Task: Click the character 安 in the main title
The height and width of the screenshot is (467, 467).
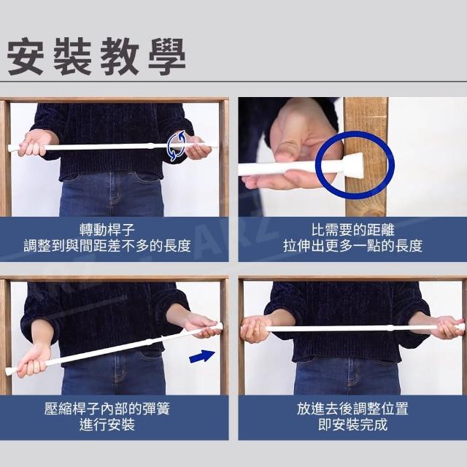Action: pos(26,56)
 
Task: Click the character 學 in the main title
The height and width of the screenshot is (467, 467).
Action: pos(167,56)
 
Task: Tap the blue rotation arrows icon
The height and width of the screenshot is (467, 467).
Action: pos(176,146)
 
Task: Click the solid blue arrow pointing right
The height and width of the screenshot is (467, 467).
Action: pos(202,356)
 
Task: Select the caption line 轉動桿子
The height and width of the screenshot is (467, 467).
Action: pos(107,230)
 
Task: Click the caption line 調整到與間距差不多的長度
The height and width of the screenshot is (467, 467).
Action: pos(107,246)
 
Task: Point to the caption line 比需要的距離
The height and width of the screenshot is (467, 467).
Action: pos(353,230)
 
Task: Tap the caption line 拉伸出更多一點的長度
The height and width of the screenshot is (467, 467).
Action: pos(353,246)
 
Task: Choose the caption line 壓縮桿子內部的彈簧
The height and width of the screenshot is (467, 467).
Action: pos(107,409)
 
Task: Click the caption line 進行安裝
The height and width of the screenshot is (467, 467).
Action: pos(107,425)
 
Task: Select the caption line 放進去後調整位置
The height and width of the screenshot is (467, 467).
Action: pos(353,409)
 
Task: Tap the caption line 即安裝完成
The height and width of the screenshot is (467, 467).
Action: pos(353,425)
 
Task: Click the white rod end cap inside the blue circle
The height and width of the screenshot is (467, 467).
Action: pos(355,166)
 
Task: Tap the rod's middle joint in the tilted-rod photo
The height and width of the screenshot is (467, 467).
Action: pos(150,342)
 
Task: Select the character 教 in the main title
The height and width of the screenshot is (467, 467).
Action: pos(120,56)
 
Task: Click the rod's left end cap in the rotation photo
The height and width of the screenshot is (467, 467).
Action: pos(11,148)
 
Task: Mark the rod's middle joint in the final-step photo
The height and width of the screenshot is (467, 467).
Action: pos(390,328)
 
